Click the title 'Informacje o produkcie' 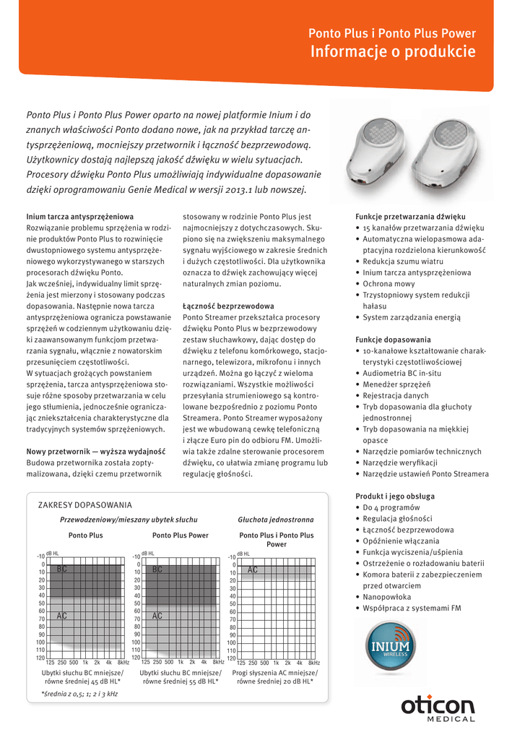tap(393, 52)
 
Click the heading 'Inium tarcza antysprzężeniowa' tap(79, 217)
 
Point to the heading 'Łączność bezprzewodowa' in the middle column tap(228, 306)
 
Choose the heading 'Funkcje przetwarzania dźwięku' tap(410, 217)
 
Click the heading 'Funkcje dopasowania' tap(393, 340)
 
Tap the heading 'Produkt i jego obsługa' tap(395, 496)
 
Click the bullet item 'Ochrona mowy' tap(389, 284)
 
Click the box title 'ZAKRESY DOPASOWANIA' tap(84, 504)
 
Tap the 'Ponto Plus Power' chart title tap(180, 535)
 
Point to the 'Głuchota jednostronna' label tap(276, 520)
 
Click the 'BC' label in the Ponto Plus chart tap(62, 569)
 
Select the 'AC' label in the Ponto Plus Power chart tap(157, 616)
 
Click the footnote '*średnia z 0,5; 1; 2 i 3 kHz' tap(80, 694)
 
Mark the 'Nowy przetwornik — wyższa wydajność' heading tap(96, 452)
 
